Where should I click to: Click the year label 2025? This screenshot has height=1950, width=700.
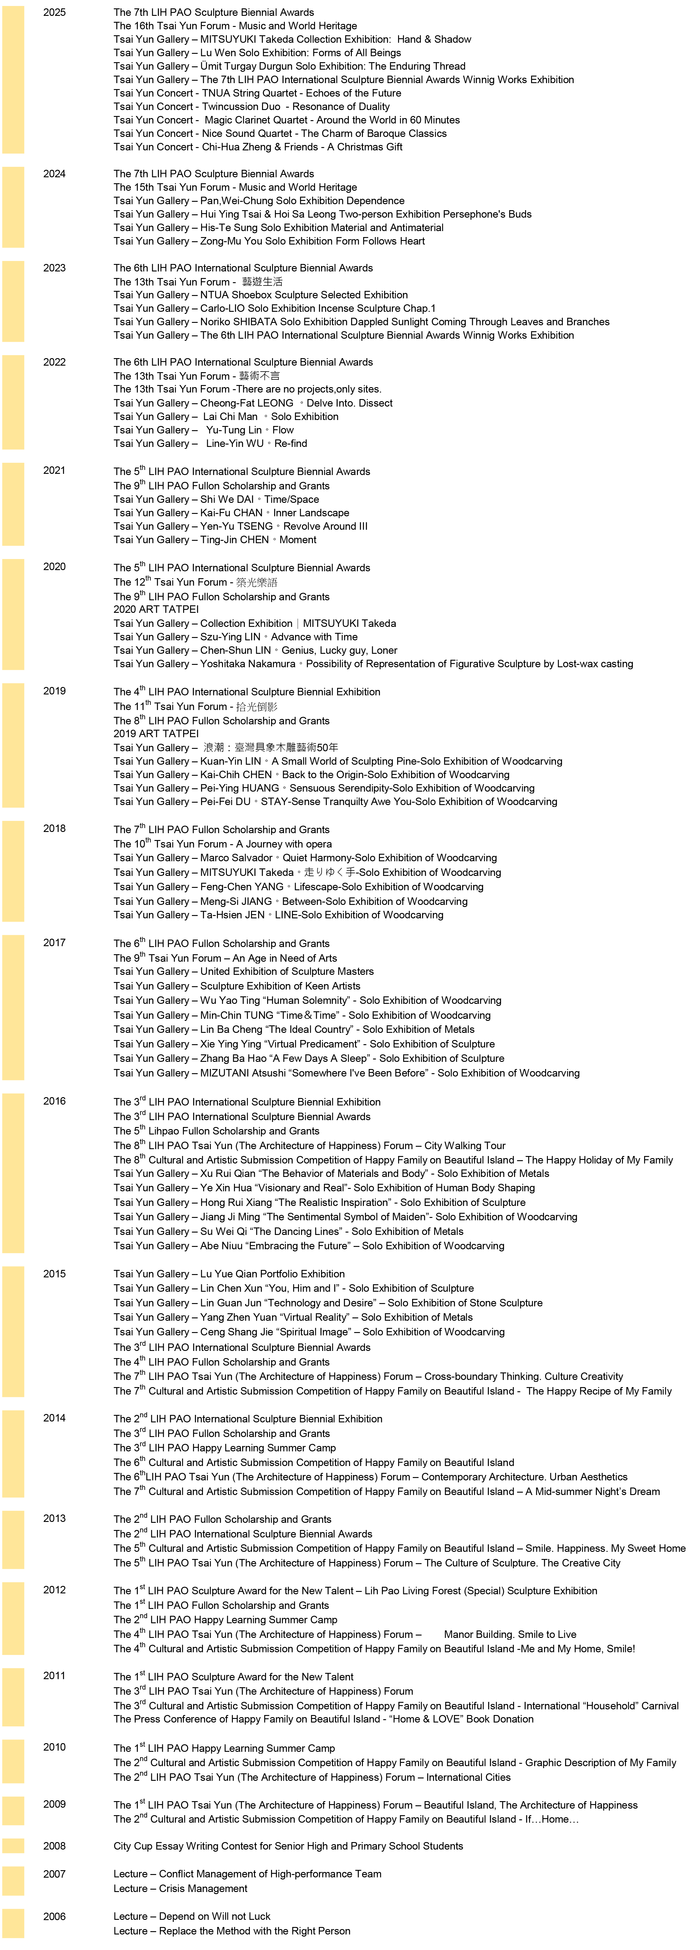[54, 12]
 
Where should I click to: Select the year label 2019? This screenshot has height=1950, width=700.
[54, 691]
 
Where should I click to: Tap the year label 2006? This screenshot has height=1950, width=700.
[54, 1916]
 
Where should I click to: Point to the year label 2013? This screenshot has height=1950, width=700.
[54, 1518]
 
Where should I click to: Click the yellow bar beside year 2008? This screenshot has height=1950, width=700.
[13, 1846]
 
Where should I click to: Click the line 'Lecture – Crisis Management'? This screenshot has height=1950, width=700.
[181, 1888]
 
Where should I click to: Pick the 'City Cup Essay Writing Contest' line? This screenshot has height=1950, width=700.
[288, 1846]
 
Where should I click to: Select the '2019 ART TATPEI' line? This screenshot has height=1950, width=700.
[156, 734]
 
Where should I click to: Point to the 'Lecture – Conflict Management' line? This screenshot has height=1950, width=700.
[247, 1873]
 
